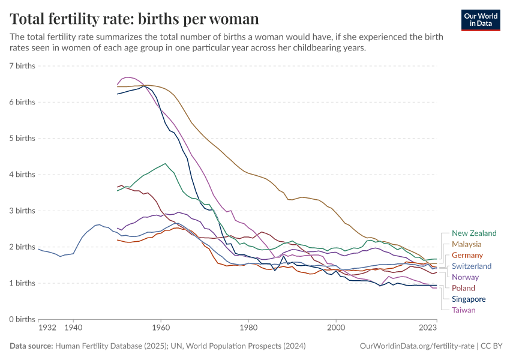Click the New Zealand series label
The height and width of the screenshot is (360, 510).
click(x=474, y=233)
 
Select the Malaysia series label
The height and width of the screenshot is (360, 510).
click(x=467, y=244)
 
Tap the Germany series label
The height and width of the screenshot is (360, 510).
click(x=467, y=256)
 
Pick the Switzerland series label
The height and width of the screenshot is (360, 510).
click(x=472, y=266)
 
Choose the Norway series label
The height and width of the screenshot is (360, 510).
click(x=465, y=277)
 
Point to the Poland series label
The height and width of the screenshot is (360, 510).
click(x=463, y=288)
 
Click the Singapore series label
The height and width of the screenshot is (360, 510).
click(x=469, y=299)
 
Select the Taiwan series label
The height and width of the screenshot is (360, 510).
click(x=464, y=310)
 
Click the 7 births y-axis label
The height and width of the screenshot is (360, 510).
click(x=22, y=65)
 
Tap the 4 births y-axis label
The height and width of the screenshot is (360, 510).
click(x=22, y=175)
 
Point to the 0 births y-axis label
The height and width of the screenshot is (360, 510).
click(x=22, y=319)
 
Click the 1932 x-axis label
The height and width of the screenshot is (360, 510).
click(x=47, y=329)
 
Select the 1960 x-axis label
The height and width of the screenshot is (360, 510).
click(x=161, y=329)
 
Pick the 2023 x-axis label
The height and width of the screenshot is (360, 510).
click(x=427, y=329)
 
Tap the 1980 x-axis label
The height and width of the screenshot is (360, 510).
click(x=248, y=329)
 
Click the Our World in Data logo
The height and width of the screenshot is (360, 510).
click(x=481, y=20)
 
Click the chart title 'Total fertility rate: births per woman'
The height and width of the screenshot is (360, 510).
click(x=134, y=19)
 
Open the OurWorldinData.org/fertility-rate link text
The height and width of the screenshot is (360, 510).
click(x=415, y=346)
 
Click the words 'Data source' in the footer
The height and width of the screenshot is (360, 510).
click(x=31, y=346)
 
